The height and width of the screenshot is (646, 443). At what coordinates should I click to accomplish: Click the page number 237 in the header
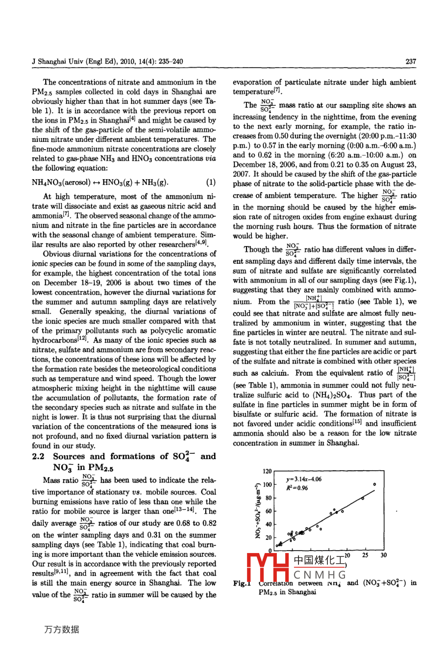[x=411, y=61]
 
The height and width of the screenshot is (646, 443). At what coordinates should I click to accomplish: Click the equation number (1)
[x=211, y=183]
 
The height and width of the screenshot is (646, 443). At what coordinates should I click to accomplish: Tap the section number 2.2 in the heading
[x=39, y=457]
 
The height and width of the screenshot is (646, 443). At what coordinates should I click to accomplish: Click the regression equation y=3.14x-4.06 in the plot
[x=304, y=479]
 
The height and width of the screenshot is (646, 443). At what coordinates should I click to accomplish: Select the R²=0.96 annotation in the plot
[x=297, y=488]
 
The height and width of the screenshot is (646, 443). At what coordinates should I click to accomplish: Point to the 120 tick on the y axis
[x=267, y=472]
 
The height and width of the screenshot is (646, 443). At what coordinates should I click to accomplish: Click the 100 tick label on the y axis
[x=267, y=485]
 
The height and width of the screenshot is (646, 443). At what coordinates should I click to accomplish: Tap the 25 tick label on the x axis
[x=365, y=555]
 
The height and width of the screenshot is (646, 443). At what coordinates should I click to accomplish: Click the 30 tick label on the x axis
[x=383, y=555]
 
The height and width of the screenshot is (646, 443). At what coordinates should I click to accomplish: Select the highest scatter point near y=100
[x=374, y=484]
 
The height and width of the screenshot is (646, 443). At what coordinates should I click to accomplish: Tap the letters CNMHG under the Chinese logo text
[x=320, y=575]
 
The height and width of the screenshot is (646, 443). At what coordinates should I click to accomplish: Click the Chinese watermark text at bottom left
[x=62, y=629]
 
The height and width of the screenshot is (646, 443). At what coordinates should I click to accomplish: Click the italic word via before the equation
[x=210, y=158]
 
